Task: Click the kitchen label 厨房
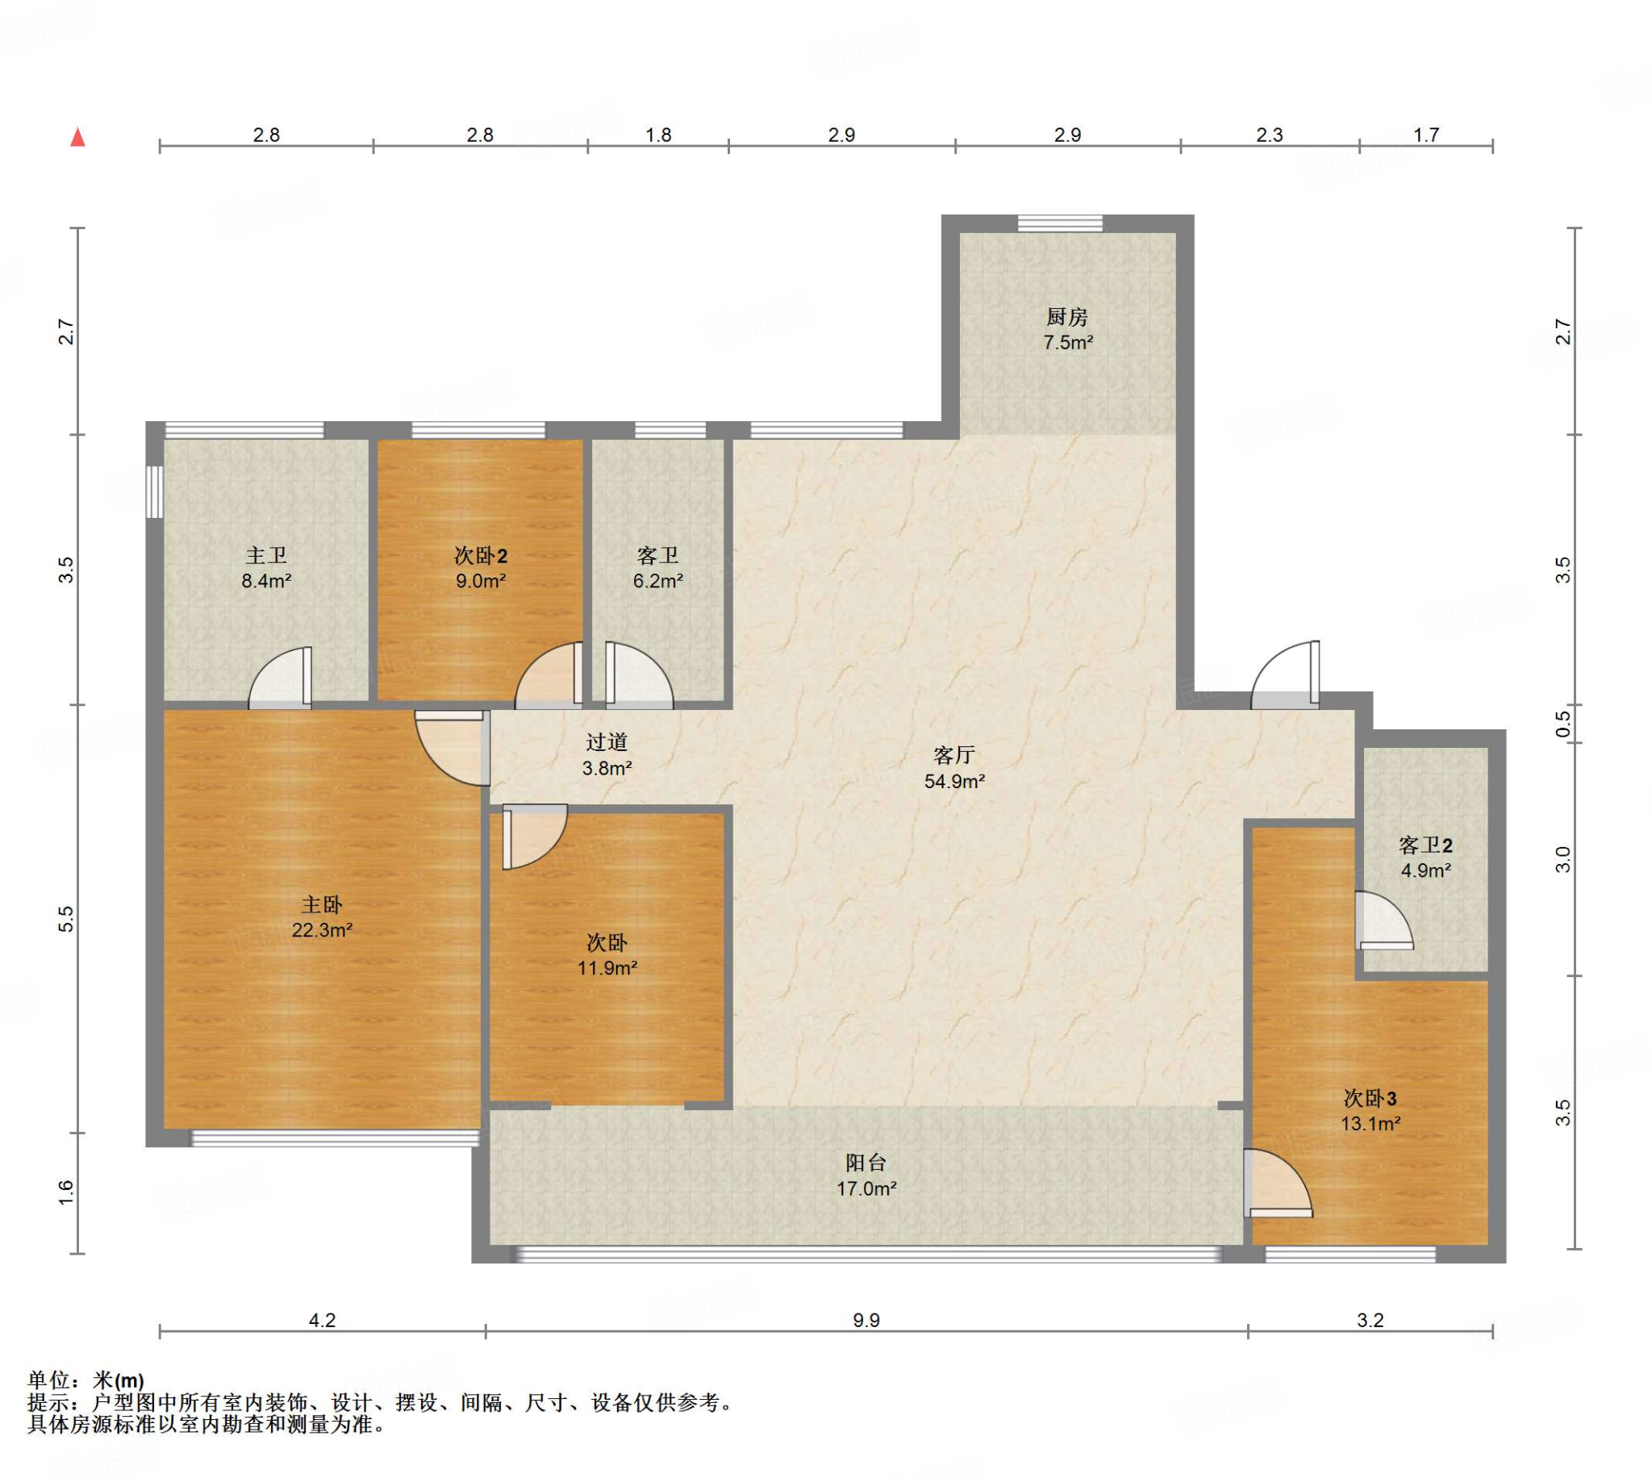(x=1066, y=317)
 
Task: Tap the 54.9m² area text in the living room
(x=955, y=781)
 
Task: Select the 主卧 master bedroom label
(x=322, y=904)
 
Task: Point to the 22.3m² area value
(x=322, y=930)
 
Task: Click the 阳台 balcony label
(x=866, y=1163)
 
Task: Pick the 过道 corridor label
(x=607, y=741)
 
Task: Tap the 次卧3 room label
(x=1370, y=1098)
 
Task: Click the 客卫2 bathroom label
(x=1425, y=845)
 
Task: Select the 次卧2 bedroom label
(x=481, y=556)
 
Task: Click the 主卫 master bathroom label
(x=266, y=556)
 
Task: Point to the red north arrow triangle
(x=78, y=137)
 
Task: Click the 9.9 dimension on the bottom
(x=866, y=1321)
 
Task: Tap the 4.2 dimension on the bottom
(x=323, y=1321)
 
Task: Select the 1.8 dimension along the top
(x=658, y=135)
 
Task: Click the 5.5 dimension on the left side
(x=66, y=918)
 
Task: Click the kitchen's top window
(x=1060, y=223)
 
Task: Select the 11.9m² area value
(x=607, y=968)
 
